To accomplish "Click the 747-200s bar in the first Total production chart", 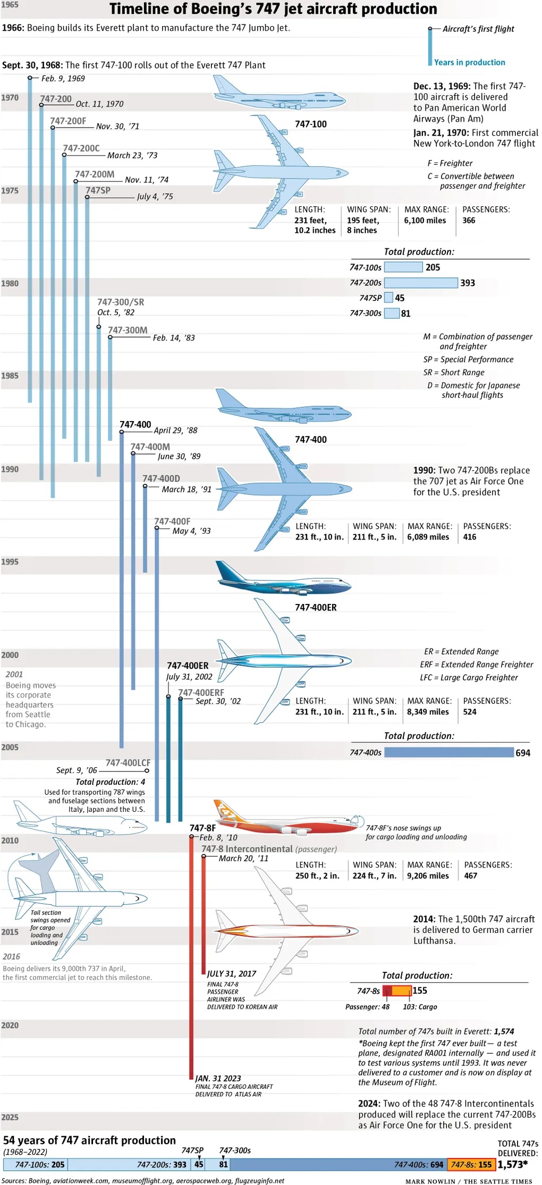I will [420, 283].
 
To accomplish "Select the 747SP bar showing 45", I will [388, 298].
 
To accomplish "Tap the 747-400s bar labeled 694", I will [448, 752].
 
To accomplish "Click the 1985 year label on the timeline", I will [10, 376].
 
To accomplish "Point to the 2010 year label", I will [10, 841].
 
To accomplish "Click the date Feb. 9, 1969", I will [63, 79].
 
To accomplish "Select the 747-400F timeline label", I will [172, 522].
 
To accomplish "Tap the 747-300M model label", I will [128, 330].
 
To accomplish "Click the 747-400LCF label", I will [128, 763].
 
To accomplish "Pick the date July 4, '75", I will [155, 197].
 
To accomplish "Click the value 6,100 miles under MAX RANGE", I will [425, 221].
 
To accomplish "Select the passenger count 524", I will [470, 712].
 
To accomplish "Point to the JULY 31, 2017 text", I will [232, 973].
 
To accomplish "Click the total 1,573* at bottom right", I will [512, 1164].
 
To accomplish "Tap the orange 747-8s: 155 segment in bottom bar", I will [471, 1164].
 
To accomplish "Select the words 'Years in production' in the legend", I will [469, 62].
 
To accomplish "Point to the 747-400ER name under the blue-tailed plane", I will [316, 608].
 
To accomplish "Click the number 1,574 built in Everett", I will [504, 1031].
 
